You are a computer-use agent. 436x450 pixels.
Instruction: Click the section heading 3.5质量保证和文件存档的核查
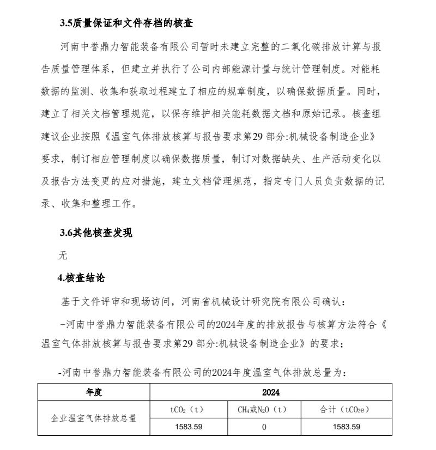126,23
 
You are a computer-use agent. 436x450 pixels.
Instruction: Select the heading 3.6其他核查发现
96,233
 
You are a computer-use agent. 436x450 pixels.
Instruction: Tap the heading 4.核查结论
81,278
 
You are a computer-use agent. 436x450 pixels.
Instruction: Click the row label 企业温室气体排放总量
94,418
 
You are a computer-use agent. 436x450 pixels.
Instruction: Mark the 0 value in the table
264,427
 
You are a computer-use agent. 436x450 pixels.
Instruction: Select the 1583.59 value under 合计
347,427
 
